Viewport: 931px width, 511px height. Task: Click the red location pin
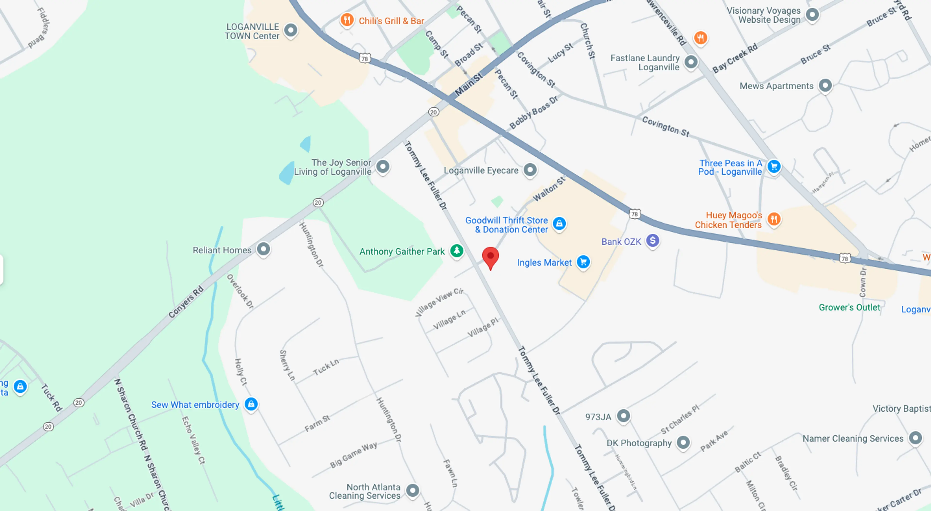click(490, 257)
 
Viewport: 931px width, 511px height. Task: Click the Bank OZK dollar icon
click(653, 240)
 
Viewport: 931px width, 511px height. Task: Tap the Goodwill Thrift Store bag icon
click(559, 223)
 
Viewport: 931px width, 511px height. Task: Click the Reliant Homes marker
click(264, 249)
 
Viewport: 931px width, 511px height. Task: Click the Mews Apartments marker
click(825, 86)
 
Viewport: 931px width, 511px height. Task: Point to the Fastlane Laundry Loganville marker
click(691, 62)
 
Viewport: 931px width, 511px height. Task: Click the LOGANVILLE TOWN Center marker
click(291, 30)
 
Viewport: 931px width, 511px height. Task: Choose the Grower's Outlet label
click(849, 307)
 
